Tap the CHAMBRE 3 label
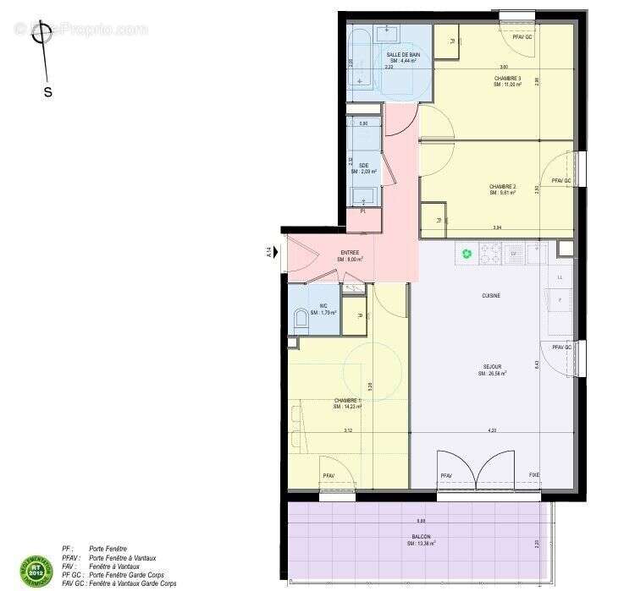tap(507, 79)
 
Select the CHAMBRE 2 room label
tap(502, 186)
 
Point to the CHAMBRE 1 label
tap(347, 400)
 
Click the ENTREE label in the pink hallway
tap(350, 253)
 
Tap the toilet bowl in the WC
tap(299, 320)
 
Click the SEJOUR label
tap(493, 367)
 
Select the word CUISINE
tap(490, 296)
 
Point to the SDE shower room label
tap(364, 165)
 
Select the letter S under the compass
tap(47, 93)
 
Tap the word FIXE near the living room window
tap(534, 475)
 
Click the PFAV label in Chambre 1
tap(329, 476)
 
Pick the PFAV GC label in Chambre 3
tap(522, 38)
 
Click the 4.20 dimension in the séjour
tap(492, 430)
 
